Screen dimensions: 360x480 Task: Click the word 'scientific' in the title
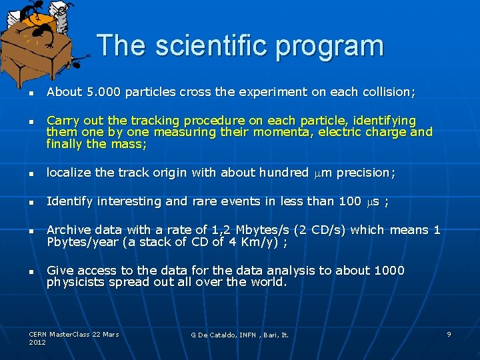(211, 46)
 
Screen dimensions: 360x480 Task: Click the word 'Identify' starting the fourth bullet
(69, 201)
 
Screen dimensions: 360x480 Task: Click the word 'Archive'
(69, 230)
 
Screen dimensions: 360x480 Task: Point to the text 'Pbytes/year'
(82, 242)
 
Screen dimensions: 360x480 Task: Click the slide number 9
(449, 334)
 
